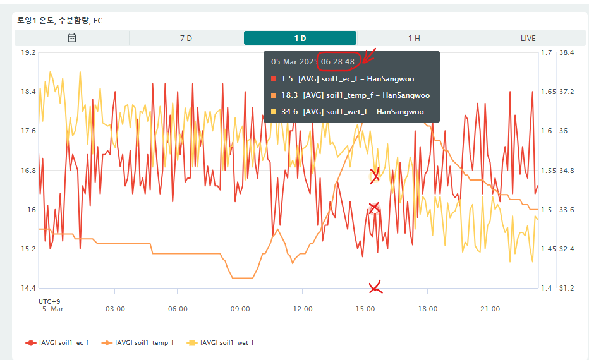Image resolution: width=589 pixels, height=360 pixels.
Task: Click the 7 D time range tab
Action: [x=186, y=38]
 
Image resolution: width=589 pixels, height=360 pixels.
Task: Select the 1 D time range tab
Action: [x=300, y=38]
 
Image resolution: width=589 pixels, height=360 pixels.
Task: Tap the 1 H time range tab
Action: [x=414, y=38]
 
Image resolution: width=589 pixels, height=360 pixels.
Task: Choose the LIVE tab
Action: [x=528, y=38]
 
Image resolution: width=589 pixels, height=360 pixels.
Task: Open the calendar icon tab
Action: [x=72, y=38]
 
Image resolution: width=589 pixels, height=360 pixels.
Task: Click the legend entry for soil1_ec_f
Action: [x=58, y=342]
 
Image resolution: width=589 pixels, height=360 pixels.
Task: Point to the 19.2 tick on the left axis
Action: [x=28, y=52]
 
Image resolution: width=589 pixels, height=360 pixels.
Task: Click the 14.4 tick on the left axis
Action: [x=28, y=288]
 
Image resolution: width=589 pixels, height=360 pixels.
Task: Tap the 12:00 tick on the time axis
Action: [x=303, y=309]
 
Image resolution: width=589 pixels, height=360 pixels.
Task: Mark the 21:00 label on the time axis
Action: [x=490, y=309]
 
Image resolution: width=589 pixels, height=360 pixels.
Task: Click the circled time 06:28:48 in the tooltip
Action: [x=337, y=61]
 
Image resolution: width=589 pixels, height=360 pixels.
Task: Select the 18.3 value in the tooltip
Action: [x=289, y=95]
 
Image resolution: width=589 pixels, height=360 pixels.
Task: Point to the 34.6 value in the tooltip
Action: [x=289, y=112]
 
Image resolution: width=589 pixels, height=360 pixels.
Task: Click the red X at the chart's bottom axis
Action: [x=375, y=287]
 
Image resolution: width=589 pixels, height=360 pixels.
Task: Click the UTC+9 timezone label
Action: [x=49, y=301]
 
